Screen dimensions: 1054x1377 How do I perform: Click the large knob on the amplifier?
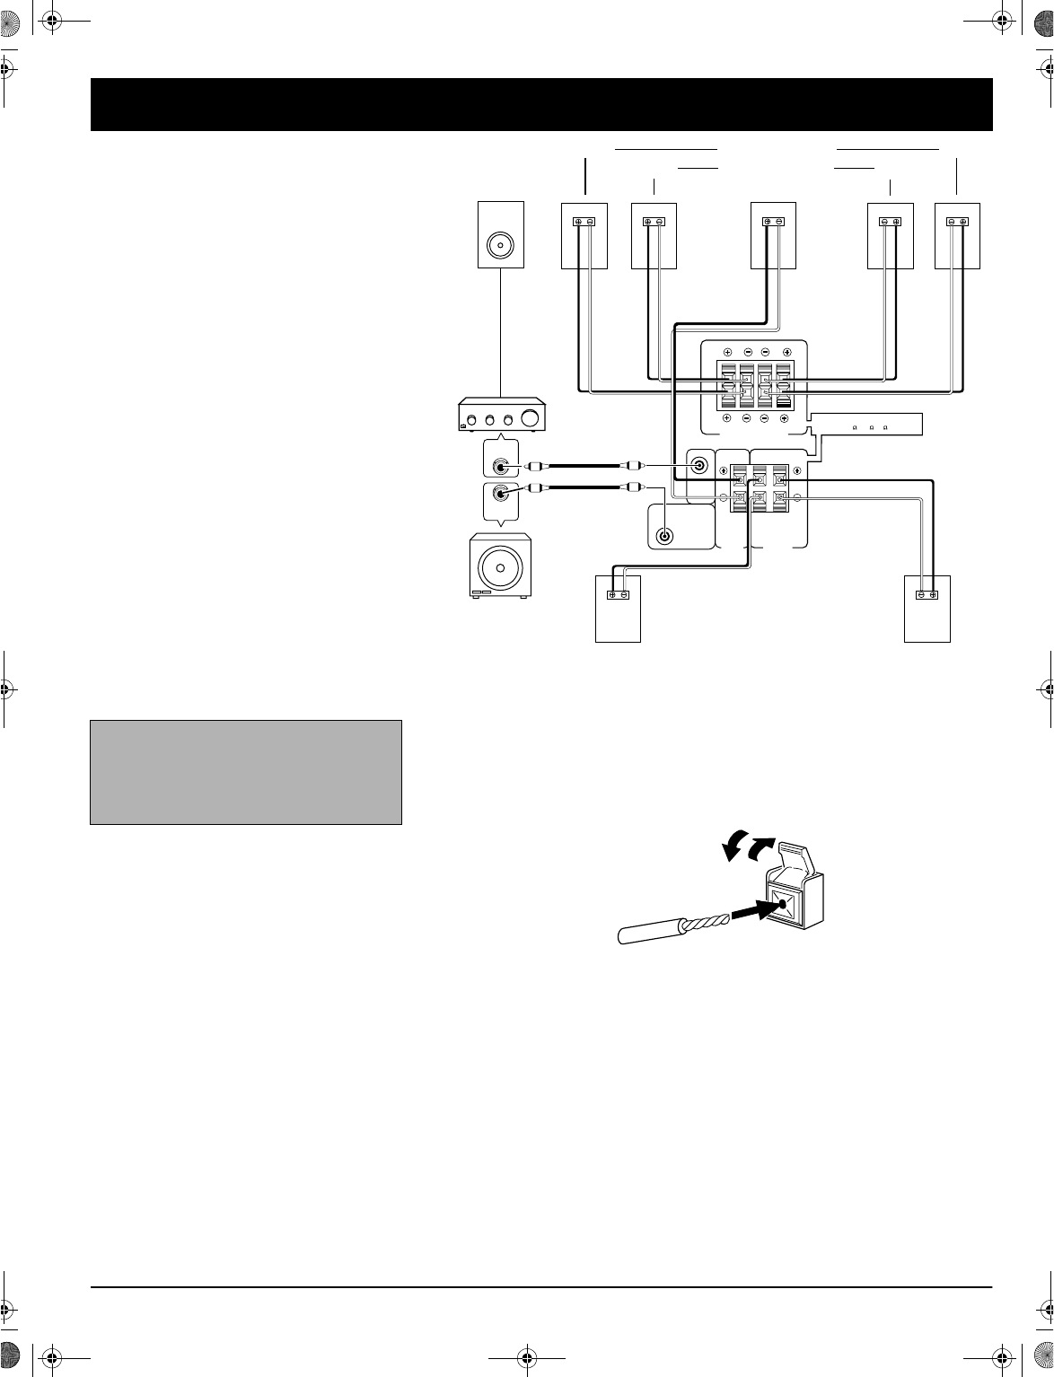coord(532,418)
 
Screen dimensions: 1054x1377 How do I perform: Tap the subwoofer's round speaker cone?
coord(499,567)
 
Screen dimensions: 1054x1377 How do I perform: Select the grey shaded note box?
coord(245,772)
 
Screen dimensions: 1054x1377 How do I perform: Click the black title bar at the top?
coord(541,104)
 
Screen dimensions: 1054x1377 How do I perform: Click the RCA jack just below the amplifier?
coord(498,467)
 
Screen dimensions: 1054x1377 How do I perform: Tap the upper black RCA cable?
coord(584,466)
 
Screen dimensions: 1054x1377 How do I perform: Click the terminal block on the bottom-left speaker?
coord(618,594)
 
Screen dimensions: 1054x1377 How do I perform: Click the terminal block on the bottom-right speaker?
coord(927,594)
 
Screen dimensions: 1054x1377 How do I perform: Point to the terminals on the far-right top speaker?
coord(956,221)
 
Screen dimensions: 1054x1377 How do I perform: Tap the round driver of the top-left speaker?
coord(499,245)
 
